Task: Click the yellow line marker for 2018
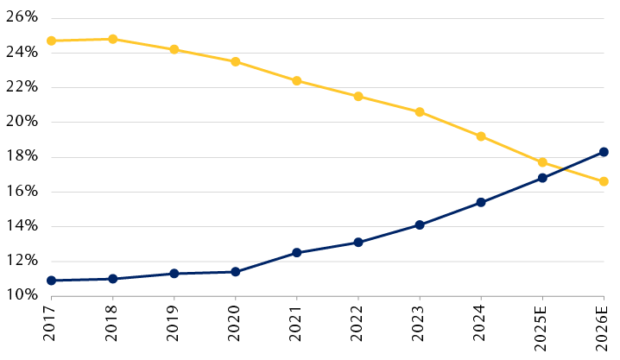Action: [113, 39]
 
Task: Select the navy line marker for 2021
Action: [297, 253]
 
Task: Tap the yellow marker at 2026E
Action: [604, 181]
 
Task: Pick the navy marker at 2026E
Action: [604, 152]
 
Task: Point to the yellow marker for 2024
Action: [481, 136]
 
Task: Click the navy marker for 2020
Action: [236, 272]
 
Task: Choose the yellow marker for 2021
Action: [297, 80]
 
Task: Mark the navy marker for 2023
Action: [420, 225]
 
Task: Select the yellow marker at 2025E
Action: [542, 162]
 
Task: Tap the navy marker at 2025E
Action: [542, 178]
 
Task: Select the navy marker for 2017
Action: [52, 281]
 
